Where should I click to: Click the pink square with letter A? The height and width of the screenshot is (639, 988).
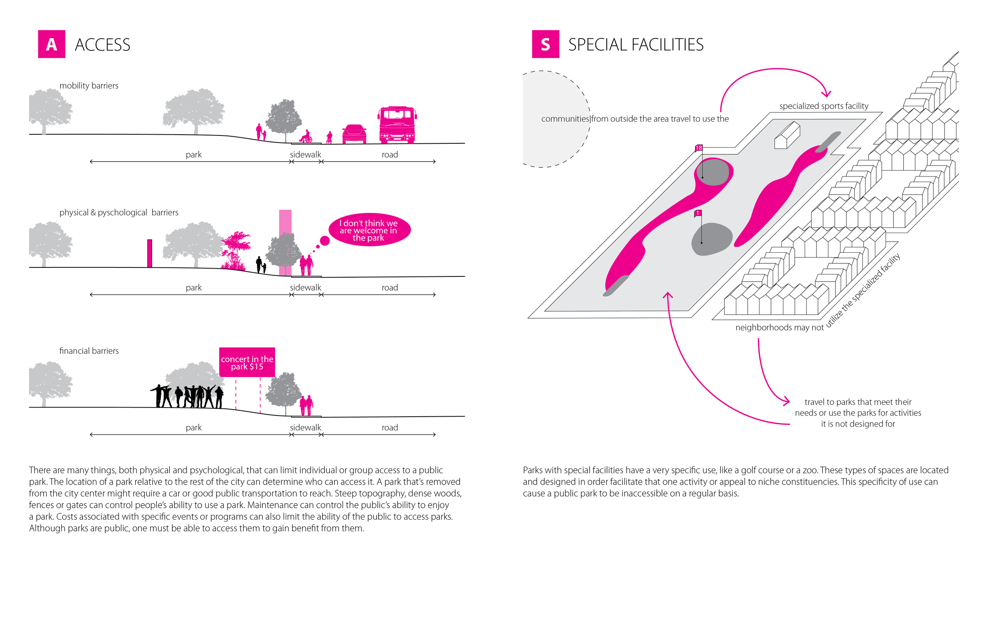click(51, 44)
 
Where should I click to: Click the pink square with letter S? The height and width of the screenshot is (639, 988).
click(545, 44)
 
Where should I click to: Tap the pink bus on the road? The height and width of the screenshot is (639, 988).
click(397, 125)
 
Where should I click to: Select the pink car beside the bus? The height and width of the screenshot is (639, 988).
click(354, 134)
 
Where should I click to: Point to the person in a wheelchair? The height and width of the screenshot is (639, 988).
click(306, 137)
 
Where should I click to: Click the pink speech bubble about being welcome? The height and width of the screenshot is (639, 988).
click(369, 230)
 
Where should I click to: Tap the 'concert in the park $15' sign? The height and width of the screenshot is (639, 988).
click(247, 362)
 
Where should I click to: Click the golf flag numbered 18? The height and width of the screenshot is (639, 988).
click(699, 148)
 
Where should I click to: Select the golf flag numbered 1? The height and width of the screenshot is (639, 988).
click(698, 213)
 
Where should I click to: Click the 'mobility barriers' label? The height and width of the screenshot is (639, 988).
click(89, 86)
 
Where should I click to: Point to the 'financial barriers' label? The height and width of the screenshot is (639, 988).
click(89, 351)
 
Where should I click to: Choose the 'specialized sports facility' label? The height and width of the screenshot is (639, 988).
click(824, 106)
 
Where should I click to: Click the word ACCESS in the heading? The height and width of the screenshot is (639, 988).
click(102, 45)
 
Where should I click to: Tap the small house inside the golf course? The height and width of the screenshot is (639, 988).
click(787, 135)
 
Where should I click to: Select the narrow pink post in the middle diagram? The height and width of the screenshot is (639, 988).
click(150, 253)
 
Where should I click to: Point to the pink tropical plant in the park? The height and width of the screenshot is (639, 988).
click(236, 251)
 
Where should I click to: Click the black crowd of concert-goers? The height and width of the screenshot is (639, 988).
click(188, 396)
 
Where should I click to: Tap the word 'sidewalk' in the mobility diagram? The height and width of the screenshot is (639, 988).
click(305, 155)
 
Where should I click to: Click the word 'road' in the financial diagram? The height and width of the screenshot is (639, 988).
click(390, 428)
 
